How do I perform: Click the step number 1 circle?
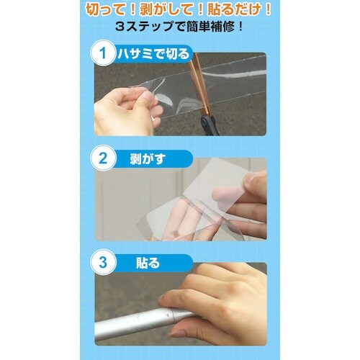click(x=103, y=53)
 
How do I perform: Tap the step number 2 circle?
click(x=103, y=158)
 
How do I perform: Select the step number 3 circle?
click(x=103, y=263)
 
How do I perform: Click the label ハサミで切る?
click(x=153, y=53)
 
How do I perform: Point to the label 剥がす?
click(x=148, y=158)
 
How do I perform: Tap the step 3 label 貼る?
click(x=148, y=263)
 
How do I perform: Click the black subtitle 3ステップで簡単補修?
click(x=179, y=27)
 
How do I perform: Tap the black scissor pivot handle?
click(x=209, y=125)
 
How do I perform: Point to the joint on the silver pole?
click(x=175, y=314)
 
